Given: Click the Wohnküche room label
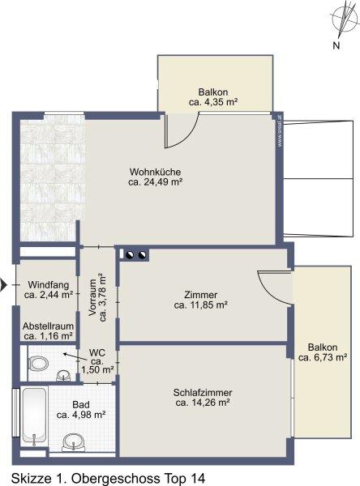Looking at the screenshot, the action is click(x=155, y=177).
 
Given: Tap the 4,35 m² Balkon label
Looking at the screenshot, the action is click(x=213, y=97).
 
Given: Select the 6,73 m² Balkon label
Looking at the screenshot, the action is click(x=323, y=352).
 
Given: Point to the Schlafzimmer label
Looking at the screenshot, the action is click(x=203, y=398).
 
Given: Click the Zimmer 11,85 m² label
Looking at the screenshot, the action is click(x=201, y=300).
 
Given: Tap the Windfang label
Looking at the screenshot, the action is click(x=49, y=289).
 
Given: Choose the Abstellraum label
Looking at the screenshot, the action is click(x=48, y=330).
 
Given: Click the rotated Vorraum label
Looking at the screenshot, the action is click(x=97, y=297).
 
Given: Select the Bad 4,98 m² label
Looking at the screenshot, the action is click(x=81, y=409).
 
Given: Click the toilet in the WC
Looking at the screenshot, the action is click(x=38, y=363).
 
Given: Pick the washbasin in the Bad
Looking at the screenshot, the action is click(x=73, y=441).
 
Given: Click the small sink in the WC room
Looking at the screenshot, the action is click(x=63, y=375).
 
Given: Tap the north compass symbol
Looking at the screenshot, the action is click(x=344, y=19).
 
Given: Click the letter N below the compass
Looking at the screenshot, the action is click(x=336, y=45).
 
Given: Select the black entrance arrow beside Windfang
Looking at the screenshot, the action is click(x=3, y=285).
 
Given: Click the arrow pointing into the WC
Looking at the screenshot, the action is click(x=75, y=356).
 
